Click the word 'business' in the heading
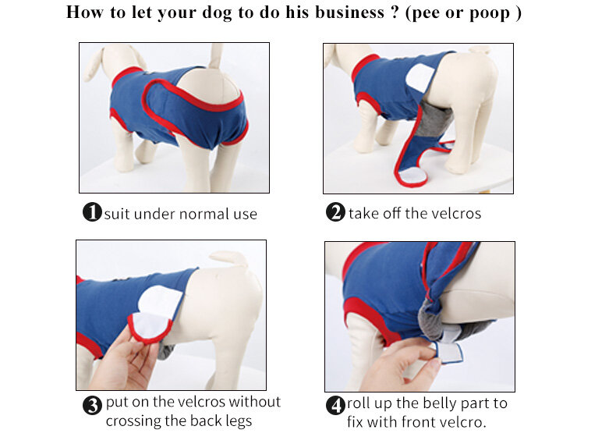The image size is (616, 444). tap(349, 12)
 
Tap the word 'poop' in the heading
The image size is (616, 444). tap(490, 14)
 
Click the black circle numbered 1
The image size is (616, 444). tap(92, 211)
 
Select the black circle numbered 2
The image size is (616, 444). tap(335, 212)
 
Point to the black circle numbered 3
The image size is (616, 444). tap(92, 405)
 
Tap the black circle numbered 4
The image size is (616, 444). tap(335, 405)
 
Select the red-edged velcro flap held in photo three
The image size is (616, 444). tap(150, 326)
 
